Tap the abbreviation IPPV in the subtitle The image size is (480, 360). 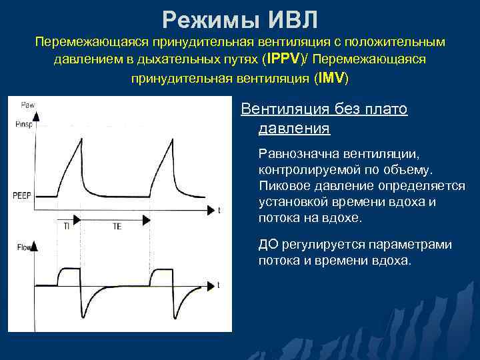point(285,59)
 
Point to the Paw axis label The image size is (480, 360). point(28,105)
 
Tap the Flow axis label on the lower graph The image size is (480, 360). point(24,249)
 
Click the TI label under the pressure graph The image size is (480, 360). point(67,227)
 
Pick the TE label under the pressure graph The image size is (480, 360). point(116,227)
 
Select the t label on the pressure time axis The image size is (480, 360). point(219,211)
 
